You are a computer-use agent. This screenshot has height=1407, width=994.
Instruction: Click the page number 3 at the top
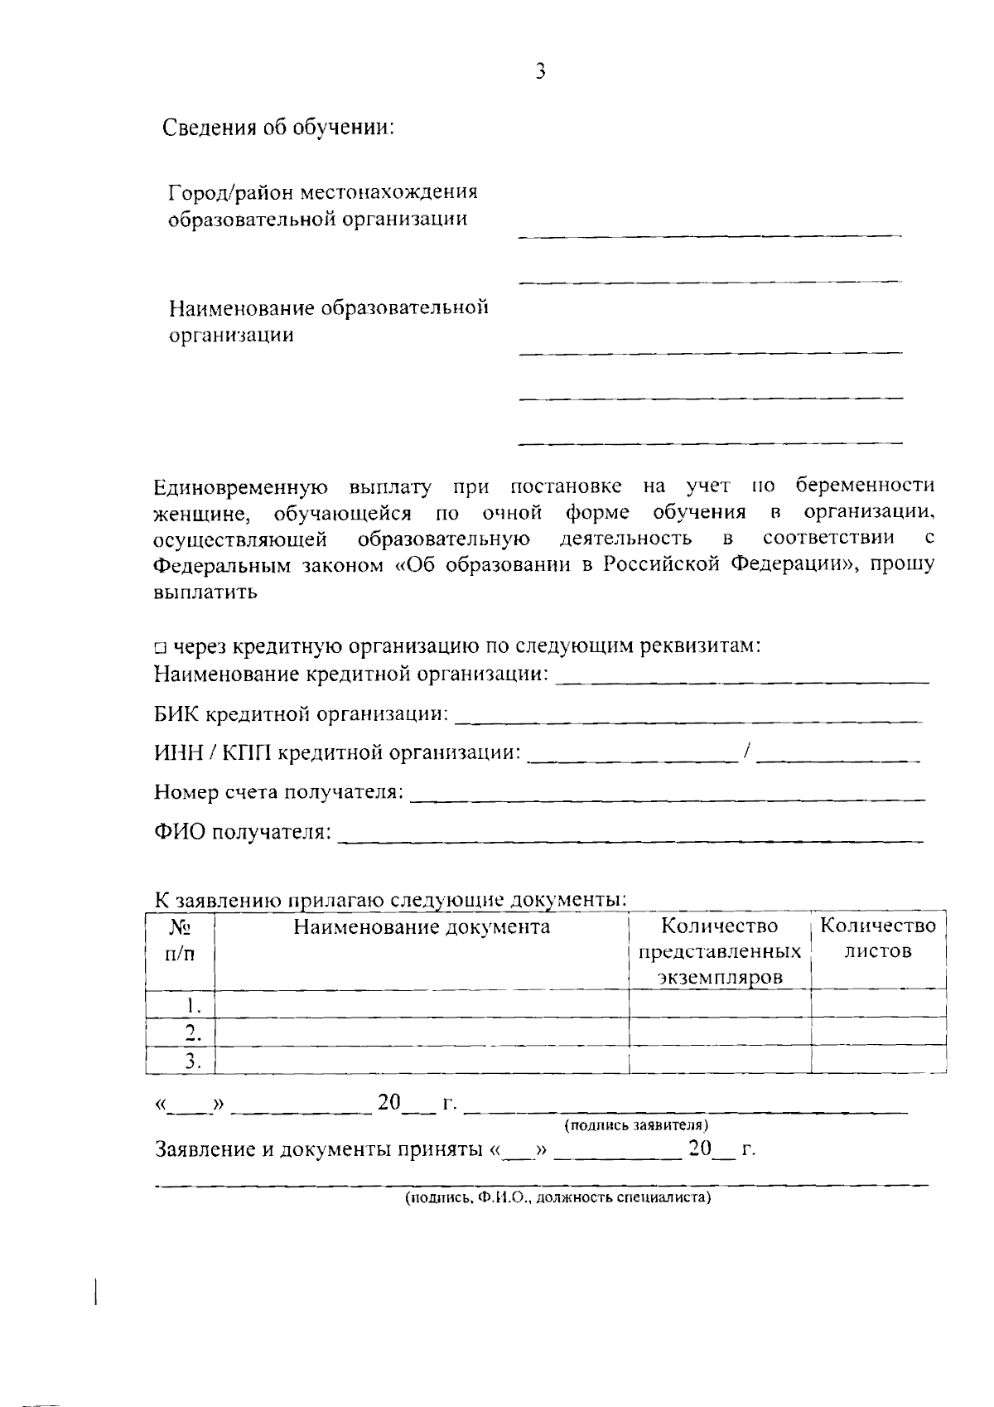(540, 72)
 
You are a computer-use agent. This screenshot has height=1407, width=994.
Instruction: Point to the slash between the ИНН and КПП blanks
(747, 752)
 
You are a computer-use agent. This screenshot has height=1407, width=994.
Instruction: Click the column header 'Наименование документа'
(422, 926)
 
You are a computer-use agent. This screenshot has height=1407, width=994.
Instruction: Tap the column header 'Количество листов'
(878, 938)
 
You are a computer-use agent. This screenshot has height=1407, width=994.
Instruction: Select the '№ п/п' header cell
(181, 940)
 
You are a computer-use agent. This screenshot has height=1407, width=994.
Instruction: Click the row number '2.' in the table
(193, 1032)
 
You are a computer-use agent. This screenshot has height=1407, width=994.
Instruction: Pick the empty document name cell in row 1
(422, 1004)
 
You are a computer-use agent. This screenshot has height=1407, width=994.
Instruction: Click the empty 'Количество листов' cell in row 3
(878, 1060)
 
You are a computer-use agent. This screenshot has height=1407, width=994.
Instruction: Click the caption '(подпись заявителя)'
(635, 1125)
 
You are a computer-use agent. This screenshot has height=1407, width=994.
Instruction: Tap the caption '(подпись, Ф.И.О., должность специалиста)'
(557, 1198)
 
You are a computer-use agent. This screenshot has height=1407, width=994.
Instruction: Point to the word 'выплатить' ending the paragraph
(205, 593)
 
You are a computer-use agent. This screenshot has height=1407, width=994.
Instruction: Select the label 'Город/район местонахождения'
(323, 192)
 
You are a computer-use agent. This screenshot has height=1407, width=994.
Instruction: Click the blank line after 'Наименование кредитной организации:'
(741, 679)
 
